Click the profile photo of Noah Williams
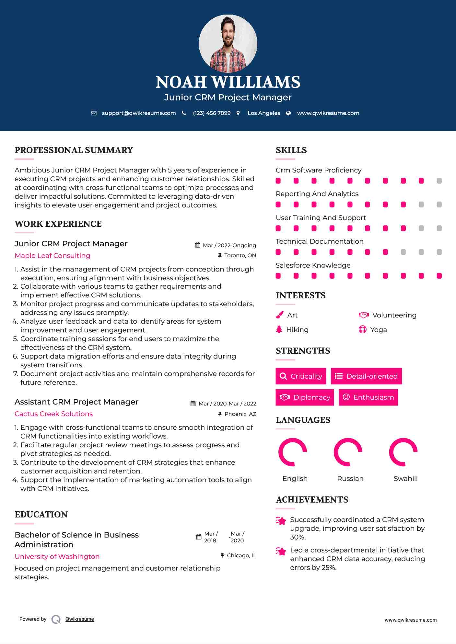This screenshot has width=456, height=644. click(x=228, y=43)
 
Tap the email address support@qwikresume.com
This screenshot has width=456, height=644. click(x=139, y=113)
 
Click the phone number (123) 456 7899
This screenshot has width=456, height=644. click(x=212, y=113)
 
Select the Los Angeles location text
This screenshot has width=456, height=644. click(x=263, y=113)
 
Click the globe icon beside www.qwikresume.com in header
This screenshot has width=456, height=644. click(x=288, y=113)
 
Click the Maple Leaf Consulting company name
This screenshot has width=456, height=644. click(x=53, y=256)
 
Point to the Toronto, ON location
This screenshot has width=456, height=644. click(x=240, y=256)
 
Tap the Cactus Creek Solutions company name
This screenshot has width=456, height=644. click(x=54, y=414)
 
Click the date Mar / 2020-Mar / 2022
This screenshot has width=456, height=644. click(x=227, y=404)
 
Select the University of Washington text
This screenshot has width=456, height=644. click(x=57, y=557)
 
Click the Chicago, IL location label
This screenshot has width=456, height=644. click(x=241, y=555)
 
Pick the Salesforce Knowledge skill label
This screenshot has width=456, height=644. click(x=313, y=265)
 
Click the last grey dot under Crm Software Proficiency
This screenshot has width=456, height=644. click(x=439, y=181)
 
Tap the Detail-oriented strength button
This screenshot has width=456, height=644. click(x=366, y=376)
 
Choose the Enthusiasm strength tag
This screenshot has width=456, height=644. click(x=368, y=397)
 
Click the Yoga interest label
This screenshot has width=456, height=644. click(x=378, y=330)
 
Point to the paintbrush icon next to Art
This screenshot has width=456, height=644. click(x=279, y=315)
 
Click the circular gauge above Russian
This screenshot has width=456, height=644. click(x=348, y=452)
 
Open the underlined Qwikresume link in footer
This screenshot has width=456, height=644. click(x=80, y=619)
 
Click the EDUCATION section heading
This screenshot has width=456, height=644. click(x=41, y=515)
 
